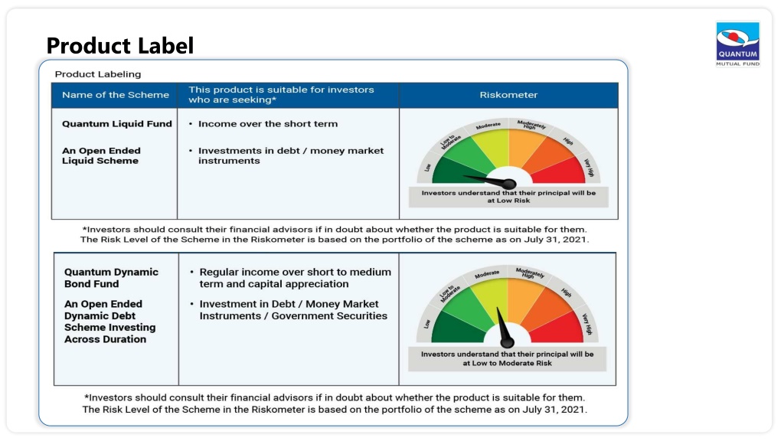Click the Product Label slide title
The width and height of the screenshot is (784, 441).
point(120,45)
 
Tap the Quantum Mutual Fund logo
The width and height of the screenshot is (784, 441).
point(737,44)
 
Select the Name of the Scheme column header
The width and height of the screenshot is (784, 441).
point(116,95)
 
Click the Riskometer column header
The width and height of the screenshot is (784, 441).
point(508,95)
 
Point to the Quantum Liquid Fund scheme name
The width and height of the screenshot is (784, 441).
point(117,124)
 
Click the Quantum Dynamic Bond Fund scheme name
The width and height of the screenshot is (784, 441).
point(111,278)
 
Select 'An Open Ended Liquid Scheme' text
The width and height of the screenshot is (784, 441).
point(101,155)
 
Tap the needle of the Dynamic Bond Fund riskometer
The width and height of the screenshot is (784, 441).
point(502,327)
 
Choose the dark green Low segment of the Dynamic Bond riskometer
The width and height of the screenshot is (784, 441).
point(455,330)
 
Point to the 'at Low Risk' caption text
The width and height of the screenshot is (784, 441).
point(508,201)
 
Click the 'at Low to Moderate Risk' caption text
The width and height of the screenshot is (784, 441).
point(507,364)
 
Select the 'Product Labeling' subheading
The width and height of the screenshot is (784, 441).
point(98,74)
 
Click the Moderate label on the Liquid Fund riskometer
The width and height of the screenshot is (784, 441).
point(488,126)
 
